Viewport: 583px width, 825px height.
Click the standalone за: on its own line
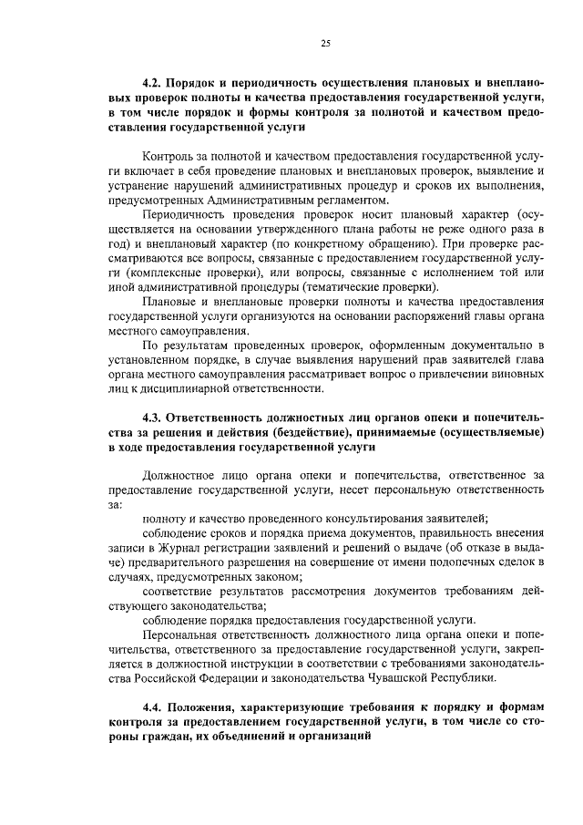(114, 502)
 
